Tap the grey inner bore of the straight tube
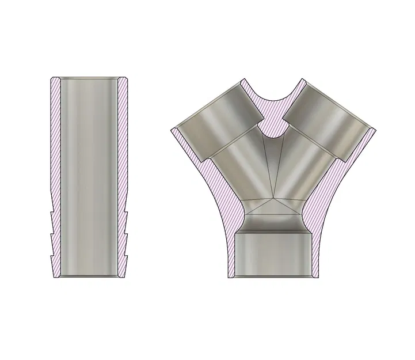90,173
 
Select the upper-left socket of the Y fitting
216,121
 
